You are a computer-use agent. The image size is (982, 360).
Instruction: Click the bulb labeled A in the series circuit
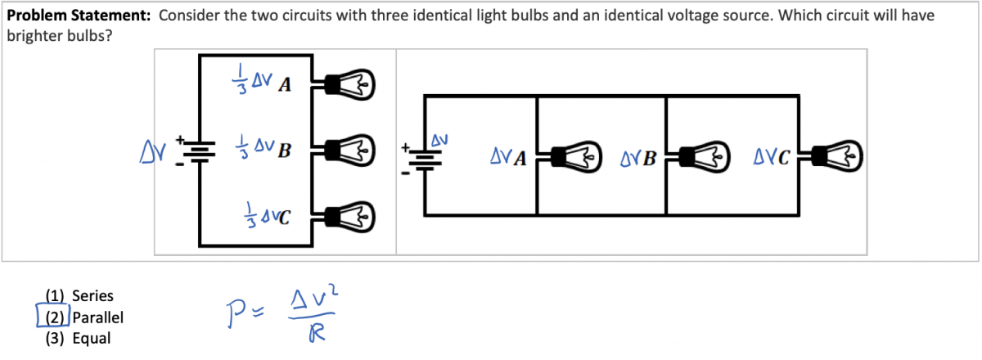coord(351,83)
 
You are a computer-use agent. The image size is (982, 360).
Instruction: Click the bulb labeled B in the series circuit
coord(351,150)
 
